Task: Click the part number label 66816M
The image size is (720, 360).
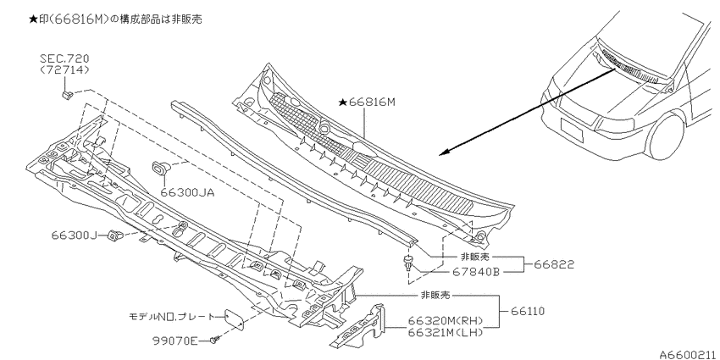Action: coord(372,102)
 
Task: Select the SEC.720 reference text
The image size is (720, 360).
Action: coord(64,58)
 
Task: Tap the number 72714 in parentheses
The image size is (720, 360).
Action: coord(64,69)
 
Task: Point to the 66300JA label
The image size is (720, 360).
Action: coord(187,192)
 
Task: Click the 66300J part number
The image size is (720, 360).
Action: coord(74,235)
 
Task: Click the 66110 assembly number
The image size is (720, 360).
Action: coord(528,312)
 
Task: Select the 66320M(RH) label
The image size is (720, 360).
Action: coord(446,321)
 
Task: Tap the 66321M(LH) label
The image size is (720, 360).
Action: coord(446,332)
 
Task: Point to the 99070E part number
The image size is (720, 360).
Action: coord(175,341)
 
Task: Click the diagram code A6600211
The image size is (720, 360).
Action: coord(690,354)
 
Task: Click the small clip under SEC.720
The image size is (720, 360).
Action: coord(68,95)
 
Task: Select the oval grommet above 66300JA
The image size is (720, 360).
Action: coord(159,168)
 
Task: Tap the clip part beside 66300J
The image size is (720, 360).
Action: coord(115,236)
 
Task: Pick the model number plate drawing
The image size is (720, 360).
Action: coord(234,319)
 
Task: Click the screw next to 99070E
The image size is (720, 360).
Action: coord(215,340)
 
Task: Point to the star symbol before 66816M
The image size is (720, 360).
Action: coord(342,102)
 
